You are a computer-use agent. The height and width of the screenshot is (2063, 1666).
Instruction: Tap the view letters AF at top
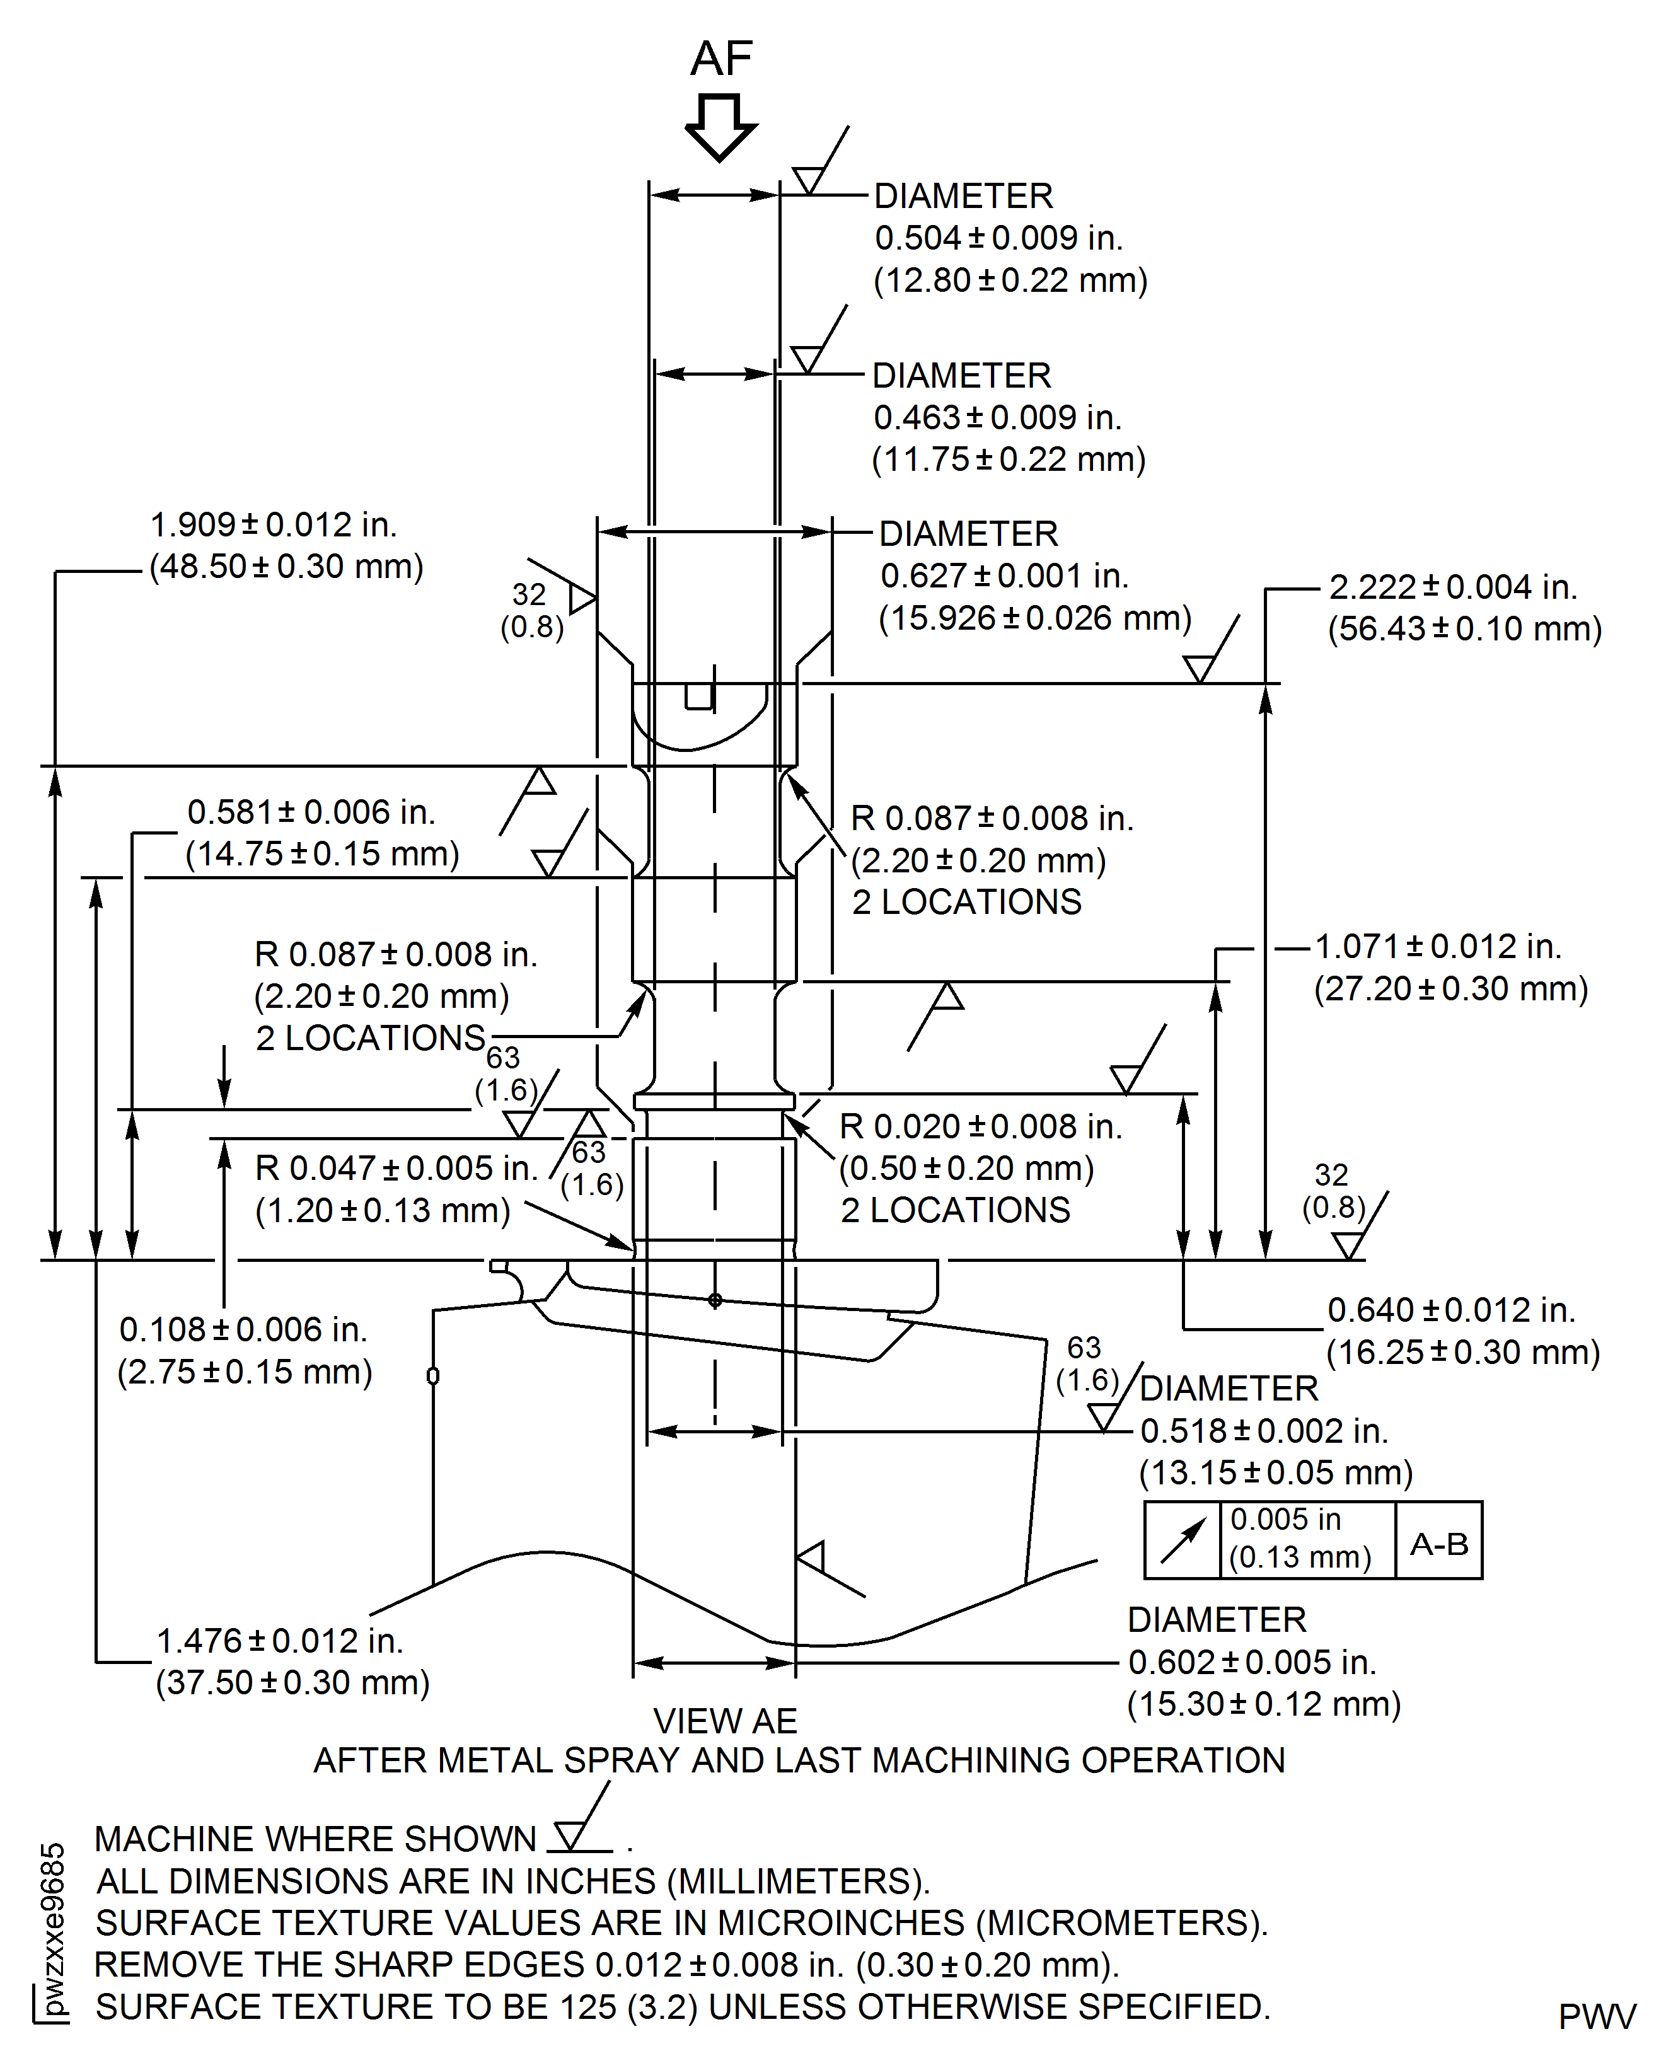pyautogui.click(x=722, y=59)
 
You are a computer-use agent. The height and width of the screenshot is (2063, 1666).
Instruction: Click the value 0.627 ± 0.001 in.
pyautogui.click(x=1004, y=575)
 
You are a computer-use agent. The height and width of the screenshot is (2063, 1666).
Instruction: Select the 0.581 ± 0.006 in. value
pyautogui.click(x=311, y=812)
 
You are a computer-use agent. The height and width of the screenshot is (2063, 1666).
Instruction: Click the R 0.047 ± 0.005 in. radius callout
pyautogui.click(x=395, y=1169)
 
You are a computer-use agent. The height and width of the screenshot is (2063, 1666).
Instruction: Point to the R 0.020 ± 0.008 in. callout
pyautogui.click(x=980, y=1126)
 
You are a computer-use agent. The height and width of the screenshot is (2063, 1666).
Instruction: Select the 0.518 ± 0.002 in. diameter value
pyautogui.click(x=1264, y=1431)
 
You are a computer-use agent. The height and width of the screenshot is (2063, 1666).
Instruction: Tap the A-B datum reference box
pyautogui.click(x=1438, y=1544)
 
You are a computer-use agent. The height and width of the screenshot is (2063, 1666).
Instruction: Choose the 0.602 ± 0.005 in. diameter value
pyautogui.click(x=1251, y=1662)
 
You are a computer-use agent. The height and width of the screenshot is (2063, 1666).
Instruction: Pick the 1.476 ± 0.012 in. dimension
pyautogui.click(x=279, y=1641)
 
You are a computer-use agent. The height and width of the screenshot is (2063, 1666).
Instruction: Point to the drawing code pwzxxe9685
pyautogui.click(x=54, y=1929)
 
